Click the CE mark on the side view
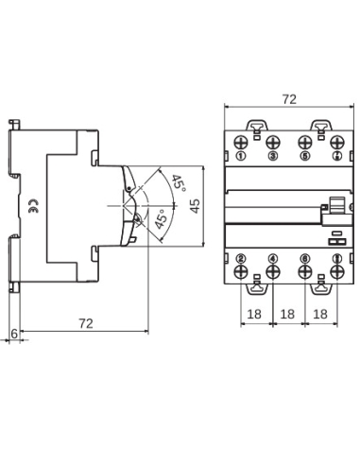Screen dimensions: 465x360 point(32,211)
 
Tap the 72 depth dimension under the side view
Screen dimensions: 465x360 point(84,324)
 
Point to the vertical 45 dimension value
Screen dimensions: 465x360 point(195,206)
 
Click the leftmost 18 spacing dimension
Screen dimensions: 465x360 point(256,313)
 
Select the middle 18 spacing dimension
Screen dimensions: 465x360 point(288,313)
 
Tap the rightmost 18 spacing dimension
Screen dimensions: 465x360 point(320,313)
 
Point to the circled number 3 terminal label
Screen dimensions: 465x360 point(272,155)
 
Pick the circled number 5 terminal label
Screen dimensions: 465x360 point(304,155)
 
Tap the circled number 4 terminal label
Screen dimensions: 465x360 point(272,257)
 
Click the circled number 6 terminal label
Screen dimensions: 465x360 point(304,257)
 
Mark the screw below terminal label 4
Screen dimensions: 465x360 point(272,273)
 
